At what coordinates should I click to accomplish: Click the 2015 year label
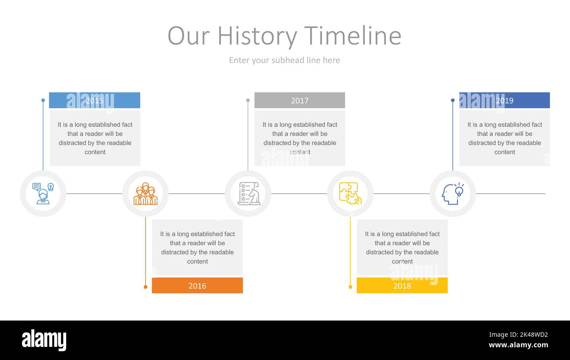point(94,100)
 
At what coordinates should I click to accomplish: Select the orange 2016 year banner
point(197,285)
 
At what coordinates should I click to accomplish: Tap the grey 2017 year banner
point(299,100)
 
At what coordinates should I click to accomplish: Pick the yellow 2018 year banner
point(402,285)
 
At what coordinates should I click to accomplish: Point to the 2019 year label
point(505,100)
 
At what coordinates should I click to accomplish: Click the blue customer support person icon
point(43,193)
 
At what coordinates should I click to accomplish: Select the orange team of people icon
point(146,194)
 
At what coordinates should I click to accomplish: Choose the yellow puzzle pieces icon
point(350,193)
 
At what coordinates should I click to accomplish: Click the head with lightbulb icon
point(452,193)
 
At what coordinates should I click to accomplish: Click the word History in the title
point(257,36)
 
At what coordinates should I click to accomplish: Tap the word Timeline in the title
point(353,36)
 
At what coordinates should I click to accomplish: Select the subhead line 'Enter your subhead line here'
point(285,61)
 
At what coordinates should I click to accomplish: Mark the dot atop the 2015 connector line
point(43,100)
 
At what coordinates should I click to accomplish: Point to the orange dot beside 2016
point(146,287)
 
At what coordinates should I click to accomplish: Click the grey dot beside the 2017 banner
point(248,100)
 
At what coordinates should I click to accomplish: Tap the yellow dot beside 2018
point(350,287)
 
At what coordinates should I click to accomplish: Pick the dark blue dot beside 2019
point(452,100)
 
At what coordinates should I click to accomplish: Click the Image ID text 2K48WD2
point(518,335)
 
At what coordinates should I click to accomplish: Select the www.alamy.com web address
point(518,345)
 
